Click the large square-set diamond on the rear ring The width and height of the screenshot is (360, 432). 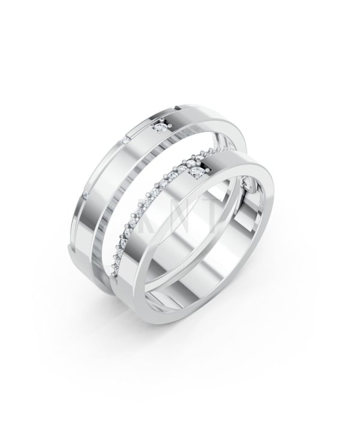[x=160, y=127]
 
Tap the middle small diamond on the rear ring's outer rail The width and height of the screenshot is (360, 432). [x=125, y=140]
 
